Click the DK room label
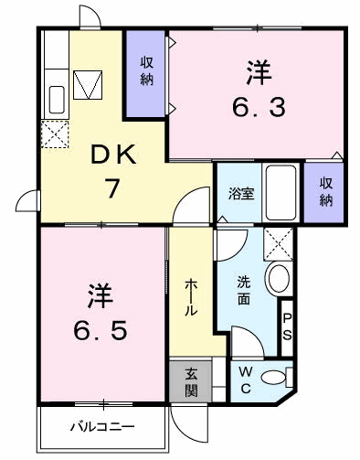tap(113, 155)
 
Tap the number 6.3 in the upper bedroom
tap(259, 107)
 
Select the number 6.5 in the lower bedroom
tap(100, 330)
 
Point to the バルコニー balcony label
tap(102, 426)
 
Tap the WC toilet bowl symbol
tap(273, 378)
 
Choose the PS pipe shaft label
tap(287, 327)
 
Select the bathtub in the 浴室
tap(281, 193)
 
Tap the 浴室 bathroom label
tap(241, 193)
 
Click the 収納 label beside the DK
tap(146, 71)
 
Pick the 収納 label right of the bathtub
tap(325, 192)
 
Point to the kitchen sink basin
tap(57, 100)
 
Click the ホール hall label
tap(191, 296)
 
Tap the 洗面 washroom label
tap(244, 290)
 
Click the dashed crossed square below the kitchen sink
tap(55, 134)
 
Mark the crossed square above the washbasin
tap(279, 244)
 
